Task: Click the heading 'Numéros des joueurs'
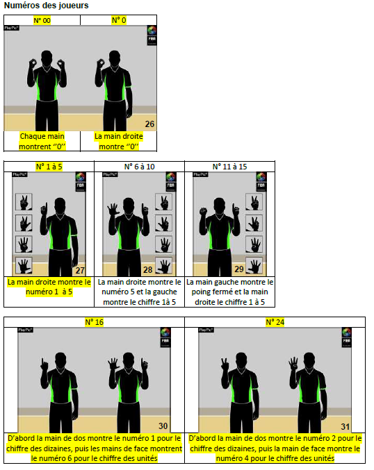pyautogui.click(x=46, y=6)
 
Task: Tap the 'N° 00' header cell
pyautogui.click(x=42, y=20)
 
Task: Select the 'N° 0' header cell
pyautogui.click(x=119, y=20)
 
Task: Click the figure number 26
pyautogui.click(x=149, y=124)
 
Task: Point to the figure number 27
pyautogui.click(x=80, y=270)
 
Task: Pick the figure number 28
pyautogui.click(x=147, y=270)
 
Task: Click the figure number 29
pyautogui.click(x=239, y=269)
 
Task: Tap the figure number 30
pyautogui.click(x=163, y=426)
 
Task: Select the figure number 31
pyautogui.click(x=345, y=426)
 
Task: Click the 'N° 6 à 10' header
pyautogui.click(x=140, y=167)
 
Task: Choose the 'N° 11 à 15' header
pyautogui.click(x=230, y=167)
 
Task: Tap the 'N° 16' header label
pyautogui.click(x=95, y=322)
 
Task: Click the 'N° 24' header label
pyautogui.click(x=275, y=322)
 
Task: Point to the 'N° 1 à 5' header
pyautogui.click(x=49, y=167)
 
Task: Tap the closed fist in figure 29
pyautogui.click(x=204, y=211)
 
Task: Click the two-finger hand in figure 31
pyautogui.click(x=225, y=364)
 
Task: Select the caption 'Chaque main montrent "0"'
pyautogui.click(x=42, y=142)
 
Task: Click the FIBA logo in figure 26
pyautogui.click(x=152, y=35)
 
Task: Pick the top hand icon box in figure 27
pyautogui.click(x=24, y=202)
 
